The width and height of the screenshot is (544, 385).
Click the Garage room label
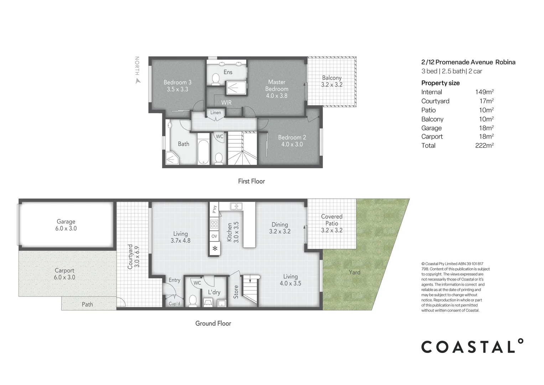click(66, 225)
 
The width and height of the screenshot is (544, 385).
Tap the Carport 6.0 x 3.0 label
click(64, 274)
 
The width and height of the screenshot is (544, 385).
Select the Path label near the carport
click(87, 304)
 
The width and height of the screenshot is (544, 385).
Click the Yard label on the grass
click(354, 272)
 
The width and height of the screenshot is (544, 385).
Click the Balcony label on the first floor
click(332, 81)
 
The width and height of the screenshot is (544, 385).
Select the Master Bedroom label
click(277, 89)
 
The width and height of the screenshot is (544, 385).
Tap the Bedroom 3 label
click(177, 86)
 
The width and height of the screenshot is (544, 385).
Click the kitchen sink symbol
click(236, 206)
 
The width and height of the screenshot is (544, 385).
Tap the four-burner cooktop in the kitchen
click(214, 224)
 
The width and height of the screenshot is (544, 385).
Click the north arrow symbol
click(138, 81)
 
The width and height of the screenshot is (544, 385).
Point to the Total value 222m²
click(484, 145)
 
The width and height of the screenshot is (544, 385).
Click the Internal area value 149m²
click(484, 92)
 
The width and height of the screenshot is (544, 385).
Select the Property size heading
click(440, 83)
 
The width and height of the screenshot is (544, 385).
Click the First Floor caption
click(251, 181)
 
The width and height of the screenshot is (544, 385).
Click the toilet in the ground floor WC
click(193, 300)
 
